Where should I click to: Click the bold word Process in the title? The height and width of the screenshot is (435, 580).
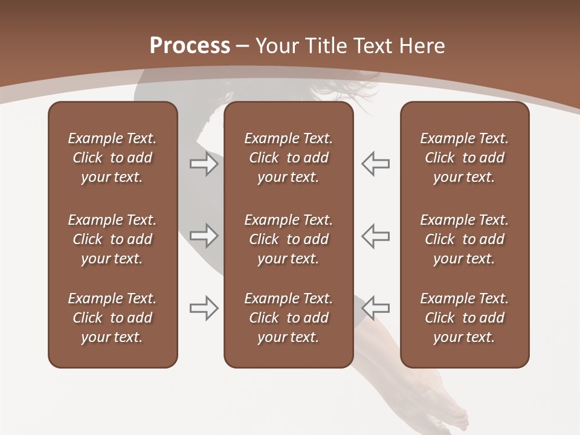pyautogui.click(x=190, y=46)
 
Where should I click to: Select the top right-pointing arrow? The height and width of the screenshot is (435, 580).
pyautogui.click(x=204, y=164)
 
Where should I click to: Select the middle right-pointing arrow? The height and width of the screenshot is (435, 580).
pyautogui.click(x=204, y=236)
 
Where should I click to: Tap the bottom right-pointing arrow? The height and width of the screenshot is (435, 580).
pyautogui.click(x=204, y=308)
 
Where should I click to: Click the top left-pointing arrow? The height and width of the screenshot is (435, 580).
pyautogui.click(x=375, y=164)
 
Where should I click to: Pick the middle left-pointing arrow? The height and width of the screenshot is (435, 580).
pyautogui.click(x=375, y=236)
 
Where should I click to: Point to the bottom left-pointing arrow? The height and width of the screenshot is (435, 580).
pyautogui.click(x=375, y=308)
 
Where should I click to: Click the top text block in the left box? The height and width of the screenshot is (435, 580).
pyautogui.click(x=112, y=158)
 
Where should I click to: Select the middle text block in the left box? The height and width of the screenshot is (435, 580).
pyautogui.click(x=112, y=239)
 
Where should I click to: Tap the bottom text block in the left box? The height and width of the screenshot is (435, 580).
pyautogui.click(x=112, y=318)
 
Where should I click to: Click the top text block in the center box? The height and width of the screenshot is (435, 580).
pyautogui.click(x=288, y=158)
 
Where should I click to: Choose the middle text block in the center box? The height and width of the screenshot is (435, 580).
pyautogui.click(x=288, y=239)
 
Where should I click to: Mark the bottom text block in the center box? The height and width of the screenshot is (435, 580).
pyautogui.click(x=288, y=318)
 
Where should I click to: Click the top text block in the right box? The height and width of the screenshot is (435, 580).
pyautogui.click(x=464, y=158)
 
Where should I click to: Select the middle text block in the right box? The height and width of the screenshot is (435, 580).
pyautogui.click(x=464, y=239)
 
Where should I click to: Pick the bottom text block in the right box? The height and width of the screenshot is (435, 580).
pyautogui.click(x=464, y=318)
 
